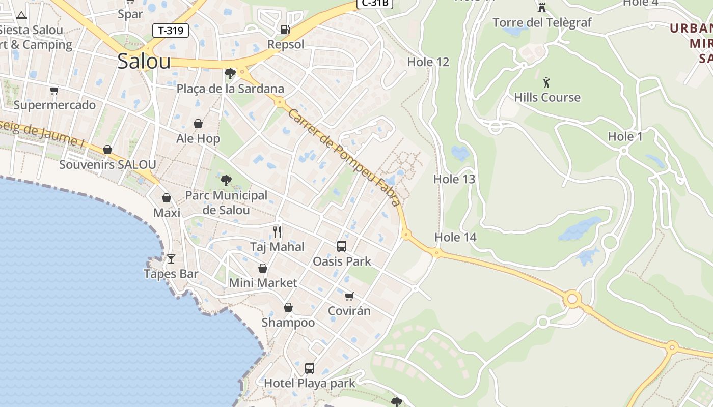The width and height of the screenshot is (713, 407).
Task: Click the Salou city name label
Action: click(x=144, y=61)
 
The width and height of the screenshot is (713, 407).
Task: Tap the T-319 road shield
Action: click(x=171, y=31)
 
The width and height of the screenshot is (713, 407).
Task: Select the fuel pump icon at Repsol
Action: click(x=286, y=30)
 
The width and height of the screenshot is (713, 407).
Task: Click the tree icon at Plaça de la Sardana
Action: click(x=230, y=73)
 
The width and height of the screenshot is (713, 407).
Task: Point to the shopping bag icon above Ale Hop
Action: click(x=198, y=124)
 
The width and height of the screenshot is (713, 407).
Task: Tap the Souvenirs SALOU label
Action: click(x=107, y=164)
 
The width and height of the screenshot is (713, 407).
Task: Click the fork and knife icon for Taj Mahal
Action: click(x=277, y=232)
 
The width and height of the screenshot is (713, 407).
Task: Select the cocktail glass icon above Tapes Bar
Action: click(x=171, y=259)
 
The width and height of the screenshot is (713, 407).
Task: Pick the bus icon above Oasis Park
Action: click(x=342, y=246)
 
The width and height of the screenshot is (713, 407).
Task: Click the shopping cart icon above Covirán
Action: click(x=349, y=296)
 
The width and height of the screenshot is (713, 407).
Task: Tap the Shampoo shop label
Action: click(x=288, y=323)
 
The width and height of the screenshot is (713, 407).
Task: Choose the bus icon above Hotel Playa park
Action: click(x=309, y=368)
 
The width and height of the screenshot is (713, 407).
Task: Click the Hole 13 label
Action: click(x=454, y=179)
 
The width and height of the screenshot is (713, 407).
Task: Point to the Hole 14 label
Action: click(x=455, y=237)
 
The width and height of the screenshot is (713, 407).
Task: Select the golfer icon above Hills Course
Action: click(x=547, y=82)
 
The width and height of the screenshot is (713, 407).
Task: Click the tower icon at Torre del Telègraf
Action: click(x=542, y=8)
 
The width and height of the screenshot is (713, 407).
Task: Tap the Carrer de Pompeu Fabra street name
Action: click(x=344, y=158)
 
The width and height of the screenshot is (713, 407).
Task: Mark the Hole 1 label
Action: click(x=625, y=136)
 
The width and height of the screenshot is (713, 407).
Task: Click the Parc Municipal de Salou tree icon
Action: click(x=226, y=180)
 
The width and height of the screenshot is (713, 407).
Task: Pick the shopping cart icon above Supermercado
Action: click(x=54, y=91)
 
